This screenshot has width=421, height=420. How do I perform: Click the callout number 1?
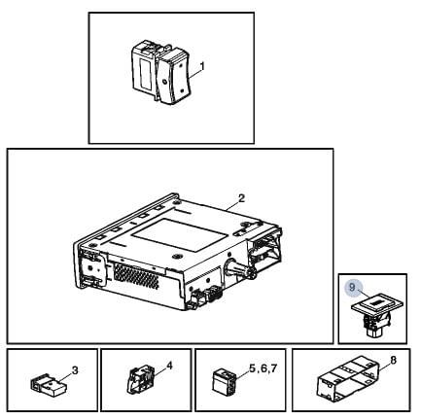coord(202,67)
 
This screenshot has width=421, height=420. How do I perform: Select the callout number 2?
coord(241,198)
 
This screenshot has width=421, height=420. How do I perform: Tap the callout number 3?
coord(75,370)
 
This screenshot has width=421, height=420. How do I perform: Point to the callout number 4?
coord(169,366)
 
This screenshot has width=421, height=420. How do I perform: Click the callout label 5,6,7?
coord(263,368)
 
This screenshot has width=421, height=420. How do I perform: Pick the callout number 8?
coord(393,361)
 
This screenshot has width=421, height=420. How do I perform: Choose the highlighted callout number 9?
coord(352,287)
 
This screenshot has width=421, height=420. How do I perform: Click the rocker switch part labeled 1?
coord(159,72)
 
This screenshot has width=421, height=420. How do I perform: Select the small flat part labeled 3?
coord(49,384)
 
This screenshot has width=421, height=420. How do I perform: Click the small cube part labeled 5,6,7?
coord(224,381)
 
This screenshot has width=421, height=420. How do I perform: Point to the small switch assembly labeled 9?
coord(377,315)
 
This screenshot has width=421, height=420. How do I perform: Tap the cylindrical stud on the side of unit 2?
coord(239,268)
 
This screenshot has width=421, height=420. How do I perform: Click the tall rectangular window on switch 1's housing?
coord(143,75)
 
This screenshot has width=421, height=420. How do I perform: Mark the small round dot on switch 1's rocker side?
coord(164,82)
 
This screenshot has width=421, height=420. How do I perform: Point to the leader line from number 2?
coord(232,205)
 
